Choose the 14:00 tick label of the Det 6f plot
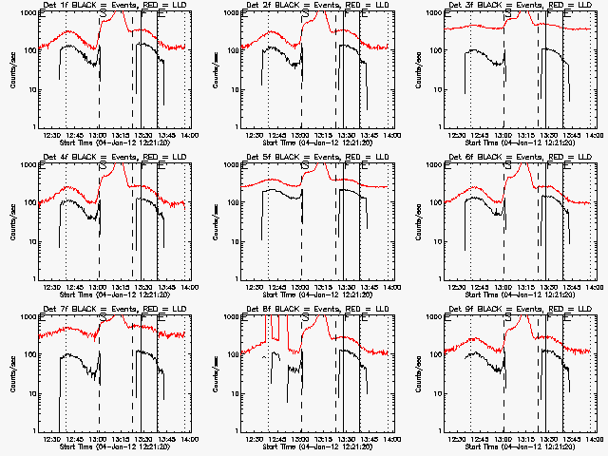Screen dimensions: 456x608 tap(596, 287)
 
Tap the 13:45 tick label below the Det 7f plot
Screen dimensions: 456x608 tap(167, 439)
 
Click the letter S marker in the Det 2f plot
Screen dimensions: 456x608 tap(304, 16)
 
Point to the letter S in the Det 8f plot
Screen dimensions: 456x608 tap(304, 320)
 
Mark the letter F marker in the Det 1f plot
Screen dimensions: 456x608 tap(142, 16)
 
